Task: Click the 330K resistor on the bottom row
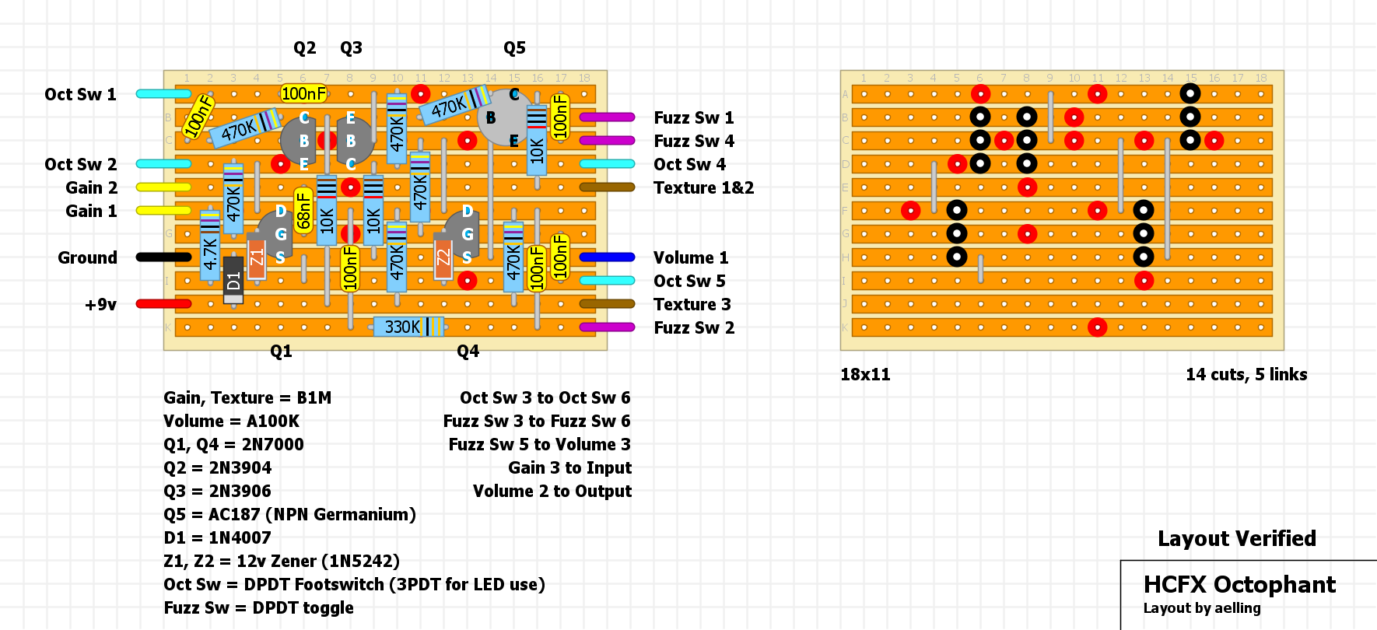coord(408,327)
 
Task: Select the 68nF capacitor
coord(303,211)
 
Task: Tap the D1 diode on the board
coord(233,280)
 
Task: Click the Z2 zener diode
coord(443,257)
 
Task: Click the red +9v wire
coord(163,304)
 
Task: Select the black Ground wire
coord(163,257)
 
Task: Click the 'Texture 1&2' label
coord(703,187)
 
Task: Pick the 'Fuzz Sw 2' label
coord(694,327)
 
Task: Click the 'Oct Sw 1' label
coord(80,94)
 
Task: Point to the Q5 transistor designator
coord(514,47)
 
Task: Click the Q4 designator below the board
coord(468,351)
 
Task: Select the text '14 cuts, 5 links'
coord(1246,374)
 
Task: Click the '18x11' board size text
coord(865,374)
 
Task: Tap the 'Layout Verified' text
coord(1237,538)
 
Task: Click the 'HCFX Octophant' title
coord(1239,584)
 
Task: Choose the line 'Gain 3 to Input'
coord(569,467)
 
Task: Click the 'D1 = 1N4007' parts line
coord(217,537)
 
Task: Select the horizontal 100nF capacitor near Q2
coord(303,93)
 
